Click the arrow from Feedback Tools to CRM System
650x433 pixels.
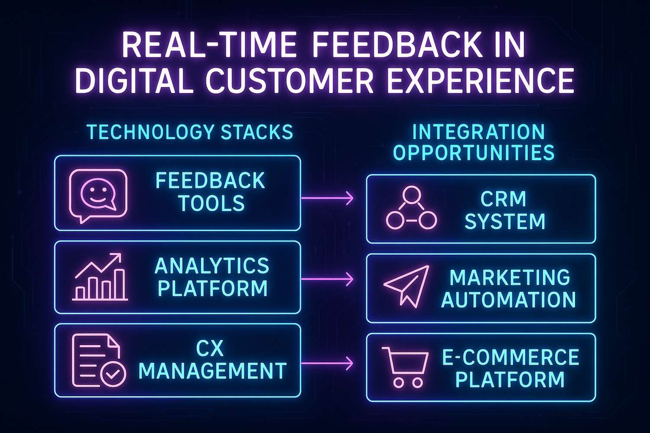point(327,198)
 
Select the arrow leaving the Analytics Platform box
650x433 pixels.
point(327,279)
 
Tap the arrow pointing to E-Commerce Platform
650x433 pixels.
point(327,363)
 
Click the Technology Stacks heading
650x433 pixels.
point(190,132)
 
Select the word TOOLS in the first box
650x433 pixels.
point(211,203)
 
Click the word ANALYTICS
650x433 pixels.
point(212,265)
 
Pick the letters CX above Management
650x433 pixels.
point(209,348)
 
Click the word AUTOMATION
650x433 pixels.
point(508,299)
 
